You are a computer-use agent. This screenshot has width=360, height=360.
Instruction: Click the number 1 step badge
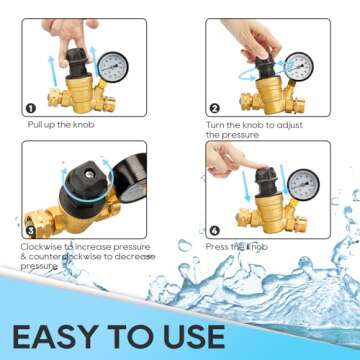tap(31, 107)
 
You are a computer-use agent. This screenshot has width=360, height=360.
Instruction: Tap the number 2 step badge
tap(214, 107)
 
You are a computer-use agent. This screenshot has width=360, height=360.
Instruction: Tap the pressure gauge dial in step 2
tap(301, 67)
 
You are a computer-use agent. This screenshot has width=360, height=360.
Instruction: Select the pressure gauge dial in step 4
tap(304, 184)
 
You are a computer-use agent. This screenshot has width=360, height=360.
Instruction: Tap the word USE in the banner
tap(192, 334)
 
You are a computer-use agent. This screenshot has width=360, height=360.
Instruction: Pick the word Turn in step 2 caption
tap(217, 125)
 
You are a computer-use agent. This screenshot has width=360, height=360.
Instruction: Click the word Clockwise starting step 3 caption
tap(40, 246)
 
